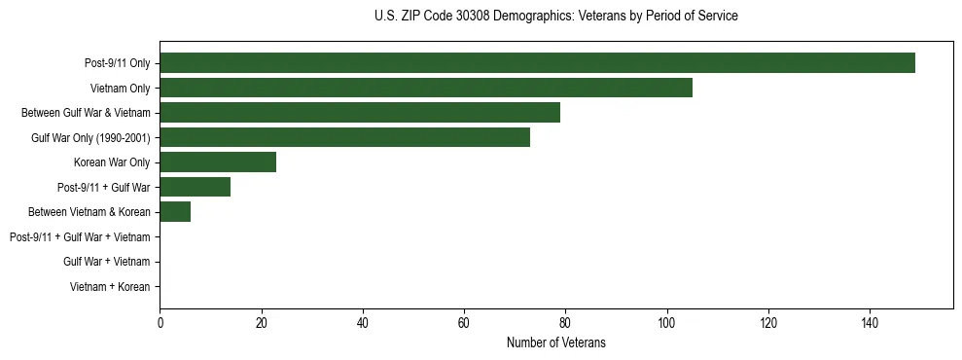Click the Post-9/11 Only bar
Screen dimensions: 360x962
click(x=537, y=63)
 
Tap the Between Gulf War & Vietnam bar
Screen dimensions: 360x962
click(x=360, y=113)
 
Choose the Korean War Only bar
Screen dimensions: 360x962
click(x=218, y=162)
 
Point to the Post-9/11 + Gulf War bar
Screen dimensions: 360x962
click(x=196, y=187)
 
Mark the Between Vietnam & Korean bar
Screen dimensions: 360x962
click(x=175, y=212)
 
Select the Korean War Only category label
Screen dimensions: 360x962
click(x=112, y=162)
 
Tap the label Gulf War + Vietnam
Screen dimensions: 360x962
click(x=107, y=262)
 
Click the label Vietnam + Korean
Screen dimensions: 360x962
click(x=110, y=287)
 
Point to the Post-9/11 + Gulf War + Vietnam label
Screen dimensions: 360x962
click(x=80, y=237)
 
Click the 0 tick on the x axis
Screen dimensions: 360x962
click(x=160, y=323)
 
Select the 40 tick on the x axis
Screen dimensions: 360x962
click(x=363, y=323)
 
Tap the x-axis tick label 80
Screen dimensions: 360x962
click(x=565, y=323)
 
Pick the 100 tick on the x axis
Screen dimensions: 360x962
click(x=666, y=323)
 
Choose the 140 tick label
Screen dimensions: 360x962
click(x=870, y=323)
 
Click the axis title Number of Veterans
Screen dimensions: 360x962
click(x=556, y=342)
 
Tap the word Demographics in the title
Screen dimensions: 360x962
click(x=525, y=17)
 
